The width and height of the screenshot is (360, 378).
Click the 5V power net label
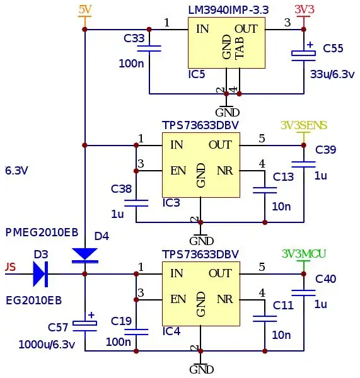tap(85, 9)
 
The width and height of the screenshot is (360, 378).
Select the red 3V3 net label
tap(305, 9)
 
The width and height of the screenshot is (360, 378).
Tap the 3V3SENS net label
tap(304, 125)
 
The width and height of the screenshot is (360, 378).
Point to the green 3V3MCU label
tap(304, 254)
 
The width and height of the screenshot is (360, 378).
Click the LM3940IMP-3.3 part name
tap(228, 10)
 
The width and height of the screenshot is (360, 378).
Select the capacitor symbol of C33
tap(149, 49)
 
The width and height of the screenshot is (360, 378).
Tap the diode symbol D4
tap(84, 255)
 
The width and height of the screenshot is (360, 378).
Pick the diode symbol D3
tap(40, 274)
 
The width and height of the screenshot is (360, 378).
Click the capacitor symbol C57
tap(84, 323)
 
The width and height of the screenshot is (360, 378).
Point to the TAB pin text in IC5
tap(240, 48)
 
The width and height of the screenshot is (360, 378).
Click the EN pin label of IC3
tap(178, 171)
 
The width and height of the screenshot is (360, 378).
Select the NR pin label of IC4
tap(225, 299)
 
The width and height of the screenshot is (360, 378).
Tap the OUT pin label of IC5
tap(247, 29)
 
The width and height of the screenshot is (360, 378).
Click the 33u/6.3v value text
tap(332, 74)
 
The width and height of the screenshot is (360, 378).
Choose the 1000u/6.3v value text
tap(47, 345)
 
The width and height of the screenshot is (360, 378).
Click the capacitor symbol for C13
tap(265, 190)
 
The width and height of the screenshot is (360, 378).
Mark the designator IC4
tap(171, 331)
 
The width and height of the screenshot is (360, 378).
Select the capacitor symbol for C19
tap(136, 332)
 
